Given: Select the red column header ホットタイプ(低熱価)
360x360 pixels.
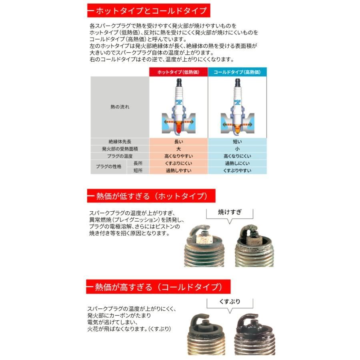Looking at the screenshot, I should click(x=178, y=72).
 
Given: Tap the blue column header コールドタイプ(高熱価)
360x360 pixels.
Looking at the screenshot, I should click(x=237, y=72).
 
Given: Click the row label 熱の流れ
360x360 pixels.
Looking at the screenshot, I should click(x=120, y=107).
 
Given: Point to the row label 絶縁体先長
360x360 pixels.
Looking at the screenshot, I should click(x=120, y=142).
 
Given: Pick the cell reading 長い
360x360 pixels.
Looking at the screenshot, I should click(x=178, y=142).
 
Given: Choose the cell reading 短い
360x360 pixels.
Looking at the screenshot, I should click(x=237, y=142).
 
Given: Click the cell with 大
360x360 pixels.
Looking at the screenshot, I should click(x=178, y=149).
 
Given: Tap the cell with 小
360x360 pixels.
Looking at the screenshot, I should click(x=237, y=149).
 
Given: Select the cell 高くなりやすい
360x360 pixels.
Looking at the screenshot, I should click(x=178, y=156).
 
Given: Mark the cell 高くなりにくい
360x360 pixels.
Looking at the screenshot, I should click(x=237, y=156).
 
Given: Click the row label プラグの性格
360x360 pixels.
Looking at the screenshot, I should click(x=108, y=167).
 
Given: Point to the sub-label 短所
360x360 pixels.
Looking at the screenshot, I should click(x=138, y=170).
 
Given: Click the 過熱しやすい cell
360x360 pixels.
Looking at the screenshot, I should click(x=178, y=170).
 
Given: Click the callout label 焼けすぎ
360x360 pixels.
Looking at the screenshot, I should click(x=230, y=212).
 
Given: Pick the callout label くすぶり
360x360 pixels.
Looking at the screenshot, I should click(x=230, y=302).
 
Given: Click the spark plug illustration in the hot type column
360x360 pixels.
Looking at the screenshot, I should click(x=178, y=106).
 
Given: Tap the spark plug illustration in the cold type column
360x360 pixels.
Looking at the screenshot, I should click(x=237, y=106).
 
